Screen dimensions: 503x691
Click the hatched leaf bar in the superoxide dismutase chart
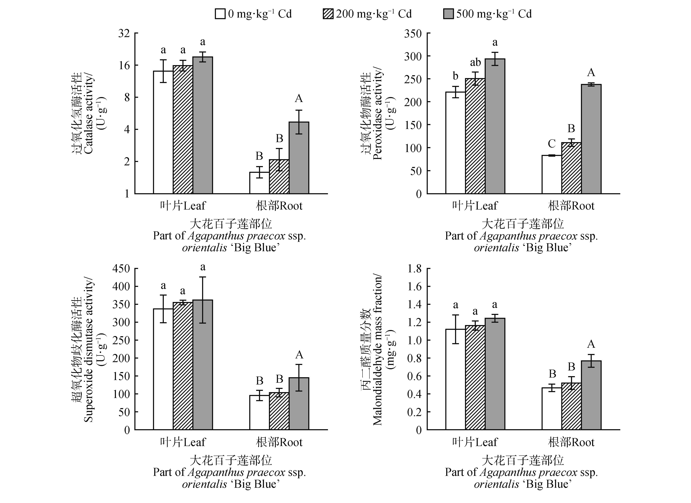(183, 366)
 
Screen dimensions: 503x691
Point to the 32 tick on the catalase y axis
(124, 33)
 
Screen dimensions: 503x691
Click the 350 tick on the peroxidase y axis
(413, 33)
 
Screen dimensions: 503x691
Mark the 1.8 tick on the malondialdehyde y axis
(414, 269)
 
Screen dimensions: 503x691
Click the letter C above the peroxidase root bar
(551, 143)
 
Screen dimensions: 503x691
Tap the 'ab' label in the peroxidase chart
(475, 62)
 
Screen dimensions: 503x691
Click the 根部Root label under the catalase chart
(279, 206)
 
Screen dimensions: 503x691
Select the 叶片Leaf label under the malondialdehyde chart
(475, 442)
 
